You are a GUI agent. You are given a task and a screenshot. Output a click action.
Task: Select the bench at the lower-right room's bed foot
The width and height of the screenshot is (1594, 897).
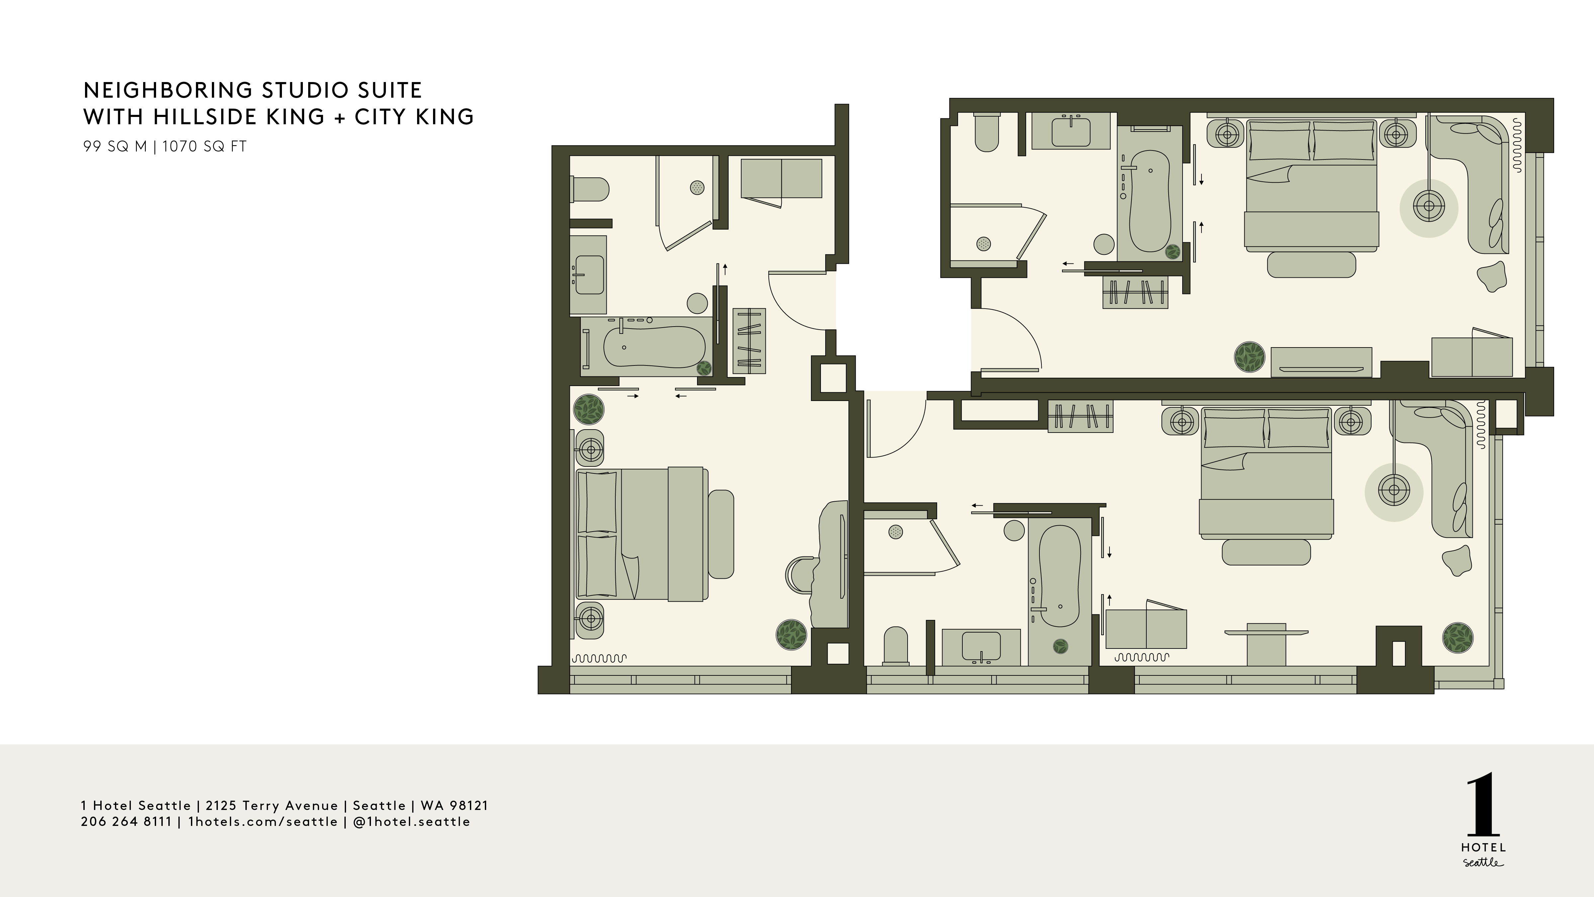(x=1267, y=552)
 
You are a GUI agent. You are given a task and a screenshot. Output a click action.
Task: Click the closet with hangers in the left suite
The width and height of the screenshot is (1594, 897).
(x=749, y=341)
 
